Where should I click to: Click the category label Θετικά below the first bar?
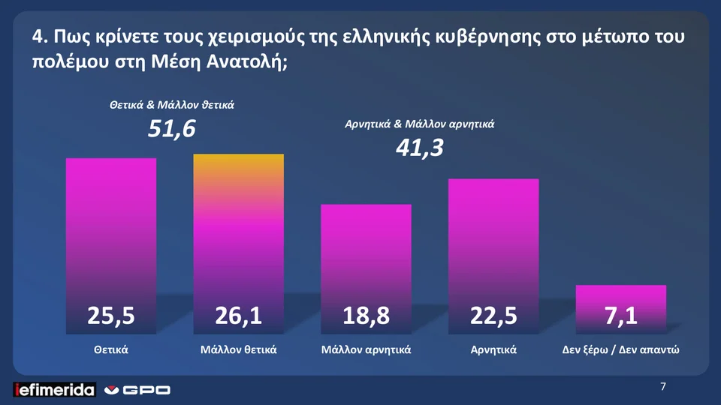[111, 349]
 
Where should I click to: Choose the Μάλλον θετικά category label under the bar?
[239, 349]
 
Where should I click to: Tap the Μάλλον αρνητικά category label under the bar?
[366, 349]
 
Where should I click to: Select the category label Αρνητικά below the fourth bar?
[493, 349]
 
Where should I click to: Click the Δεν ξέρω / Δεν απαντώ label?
[621, 349]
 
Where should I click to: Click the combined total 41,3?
[419, 149]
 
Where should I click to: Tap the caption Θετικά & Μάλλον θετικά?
[172, 104]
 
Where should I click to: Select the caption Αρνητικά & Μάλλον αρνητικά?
[419, 124]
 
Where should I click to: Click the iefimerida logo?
[55, 389]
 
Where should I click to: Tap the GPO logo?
[138, 389]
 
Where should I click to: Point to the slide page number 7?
[663, 387]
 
